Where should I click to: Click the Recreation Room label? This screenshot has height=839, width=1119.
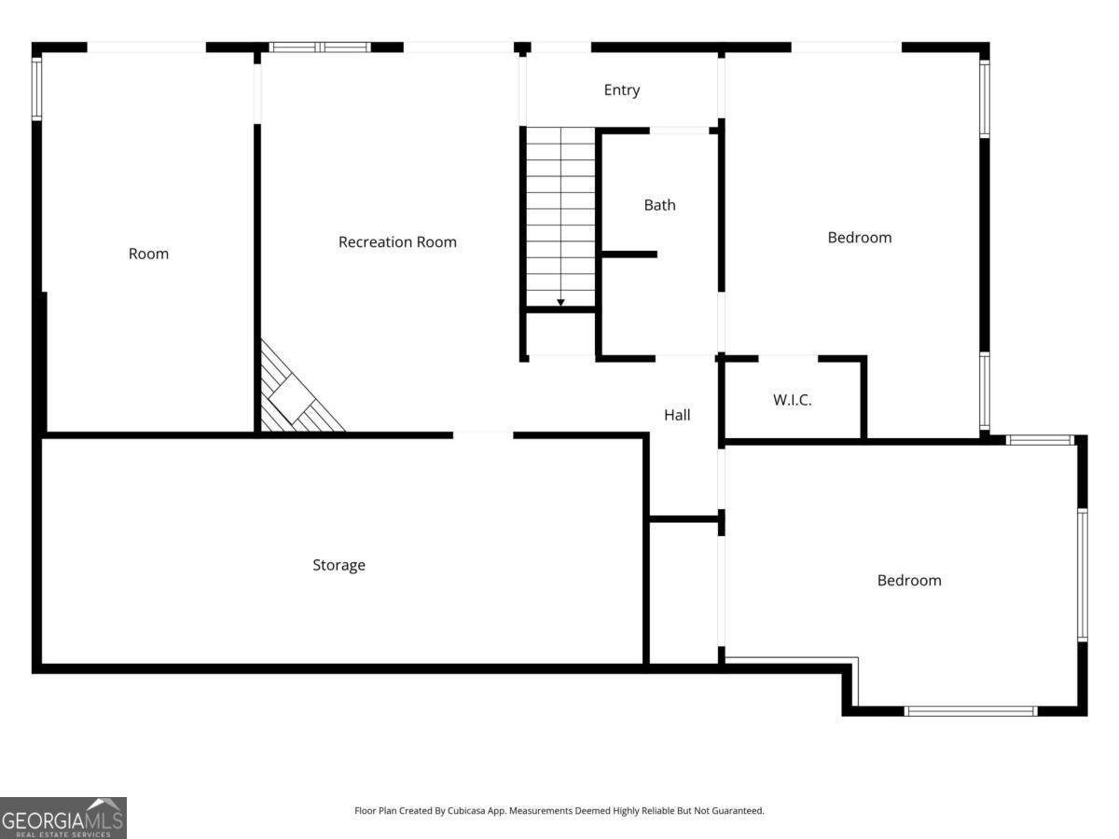397,242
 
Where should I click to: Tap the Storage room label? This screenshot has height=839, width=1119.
339,565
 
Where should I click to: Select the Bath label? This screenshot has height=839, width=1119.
659,205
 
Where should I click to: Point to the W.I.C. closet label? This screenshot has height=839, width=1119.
793,400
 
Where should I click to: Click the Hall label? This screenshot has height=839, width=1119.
677,415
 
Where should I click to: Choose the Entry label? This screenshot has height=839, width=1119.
621,90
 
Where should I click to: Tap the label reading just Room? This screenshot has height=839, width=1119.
148,254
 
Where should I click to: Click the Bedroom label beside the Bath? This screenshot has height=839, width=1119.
860,238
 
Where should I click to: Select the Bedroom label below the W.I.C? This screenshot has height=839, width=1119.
909,580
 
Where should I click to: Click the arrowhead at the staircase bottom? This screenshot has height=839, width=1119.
560,303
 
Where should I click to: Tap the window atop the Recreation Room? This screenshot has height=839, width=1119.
320,48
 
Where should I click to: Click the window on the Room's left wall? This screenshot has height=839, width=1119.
36,89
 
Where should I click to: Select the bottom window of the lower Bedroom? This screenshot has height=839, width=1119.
971,710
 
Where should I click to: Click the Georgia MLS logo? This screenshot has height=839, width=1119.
63,818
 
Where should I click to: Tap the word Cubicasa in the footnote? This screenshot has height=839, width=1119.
466,810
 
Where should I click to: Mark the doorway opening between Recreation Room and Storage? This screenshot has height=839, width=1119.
483,435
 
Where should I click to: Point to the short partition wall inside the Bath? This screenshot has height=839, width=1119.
629,254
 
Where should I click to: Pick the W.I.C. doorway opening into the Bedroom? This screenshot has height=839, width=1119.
788,359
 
